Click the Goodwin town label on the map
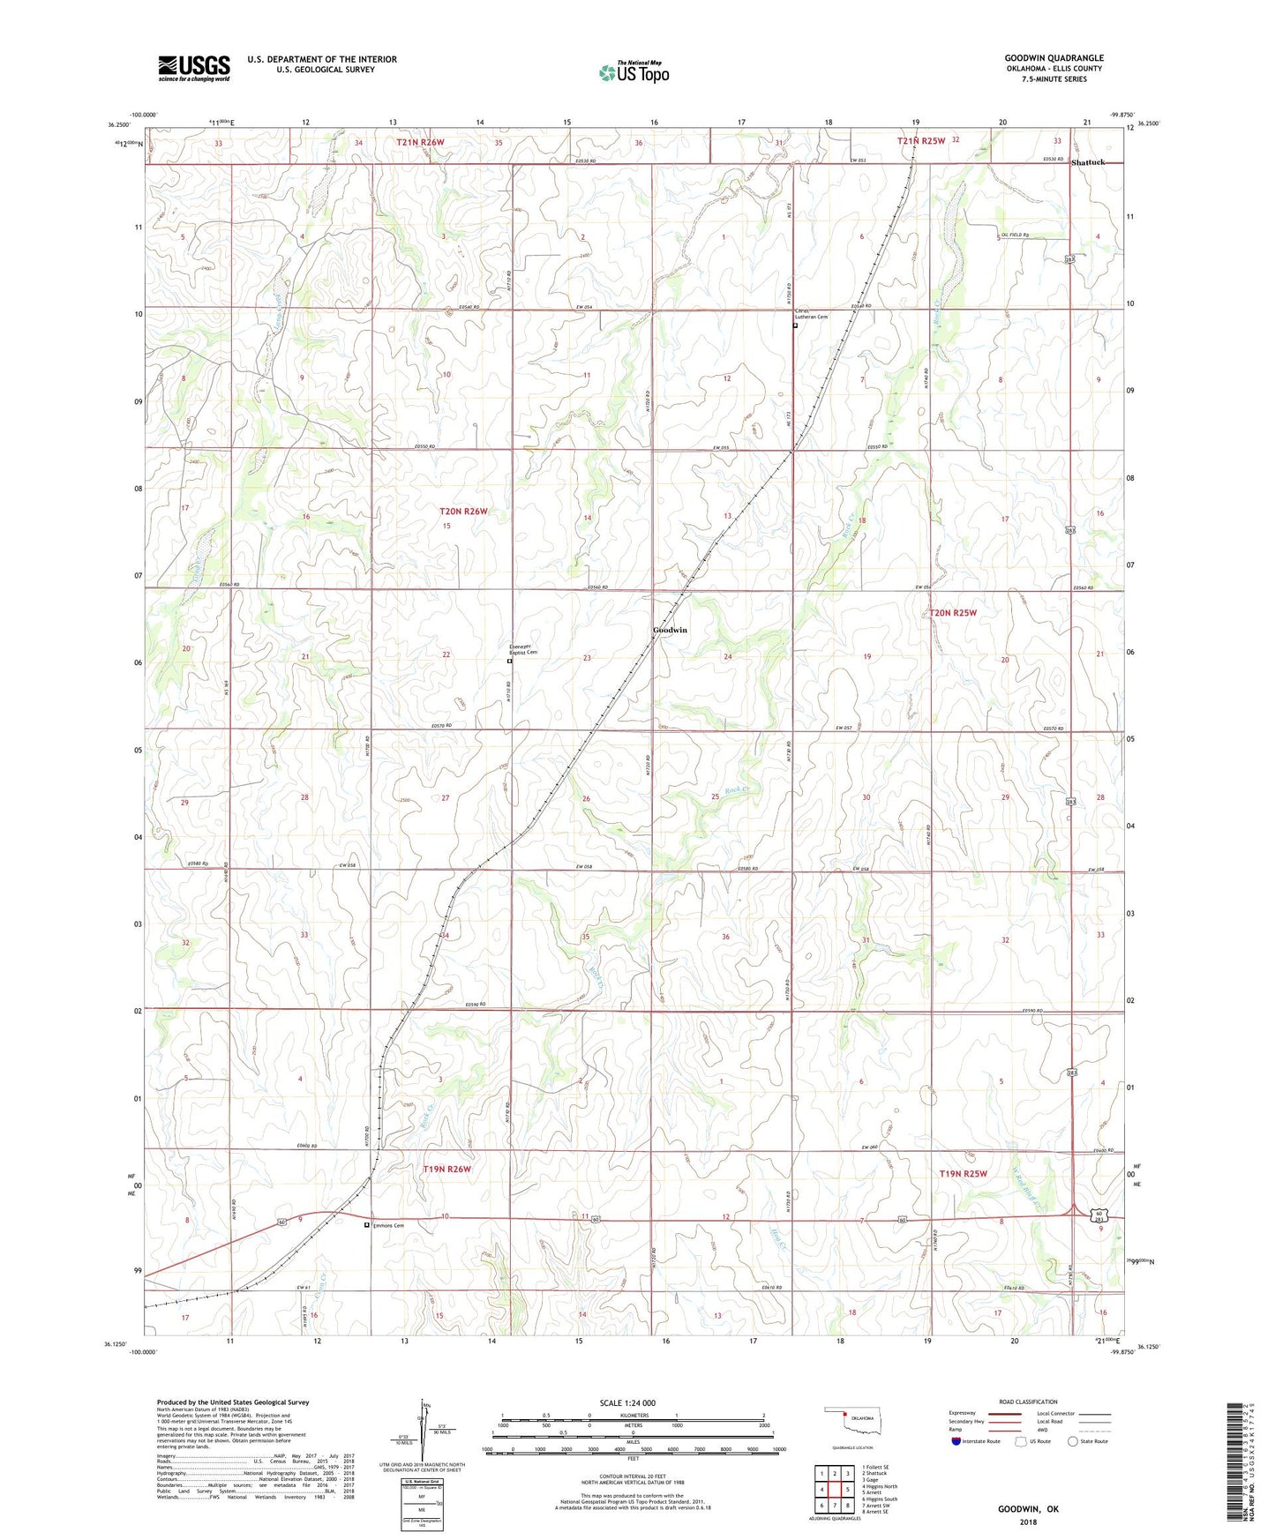coord(670,630)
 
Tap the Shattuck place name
coord(1087,162)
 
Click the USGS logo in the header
coord(194,68)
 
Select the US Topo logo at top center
coord(634,72)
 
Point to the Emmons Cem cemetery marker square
coord(367,1224)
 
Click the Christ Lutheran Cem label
coord(811,313)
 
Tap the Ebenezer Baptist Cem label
coord(523,648)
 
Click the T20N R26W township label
coord(463,512)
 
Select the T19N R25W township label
coord(963,1173)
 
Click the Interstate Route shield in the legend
coord(957,1441)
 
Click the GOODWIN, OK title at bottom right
coord(1028,1509)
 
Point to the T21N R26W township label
coord(420,142)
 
